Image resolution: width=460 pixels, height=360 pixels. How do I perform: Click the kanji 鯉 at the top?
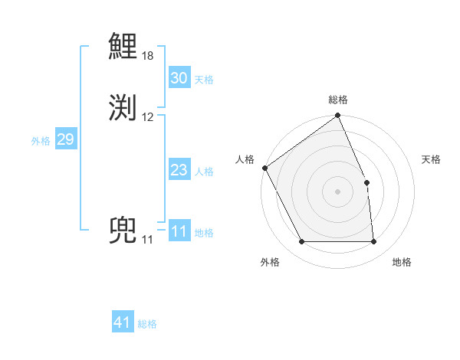coord(123,47)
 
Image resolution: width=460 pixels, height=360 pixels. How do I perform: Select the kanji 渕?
coord(123,107)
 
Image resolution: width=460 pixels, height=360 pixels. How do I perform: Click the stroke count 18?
coord(148,56)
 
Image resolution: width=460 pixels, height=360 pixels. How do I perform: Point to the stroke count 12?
coord(148,117)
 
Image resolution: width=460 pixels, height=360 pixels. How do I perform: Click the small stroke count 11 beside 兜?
coord(147,240)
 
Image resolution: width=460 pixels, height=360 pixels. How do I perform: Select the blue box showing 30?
coord(179,78)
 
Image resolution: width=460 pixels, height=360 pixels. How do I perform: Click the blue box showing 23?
coord(179,170)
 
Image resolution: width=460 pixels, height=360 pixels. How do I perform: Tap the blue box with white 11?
coord(179,231)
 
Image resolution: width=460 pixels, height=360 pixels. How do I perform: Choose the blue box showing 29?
coord(65,139)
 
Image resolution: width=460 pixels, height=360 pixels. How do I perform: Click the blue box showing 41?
coord(123,322)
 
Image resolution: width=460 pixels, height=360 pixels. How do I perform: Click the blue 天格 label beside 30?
coord(204,80)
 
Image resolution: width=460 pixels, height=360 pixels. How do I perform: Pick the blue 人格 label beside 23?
coord(204,172)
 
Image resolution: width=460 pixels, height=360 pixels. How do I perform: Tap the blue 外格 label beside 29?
coord(41,141)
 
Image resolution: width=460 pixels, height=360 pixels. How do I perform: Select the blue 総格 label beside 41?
coord(147,324)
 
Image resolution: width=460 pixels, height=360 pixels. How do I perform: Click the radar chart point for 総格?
coord(337,116)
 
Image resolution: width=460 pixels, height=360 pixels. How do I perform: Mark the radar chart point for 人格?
coord(264,168)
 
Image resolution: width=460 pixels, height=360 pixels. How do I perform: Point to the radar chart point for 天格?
coord(366,182)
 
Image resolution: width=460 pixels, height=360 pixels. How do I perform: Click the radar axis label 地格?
coord(402,262)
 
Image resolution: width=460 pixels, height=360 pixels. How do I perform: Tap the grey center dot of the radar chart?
coord(337,191)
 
